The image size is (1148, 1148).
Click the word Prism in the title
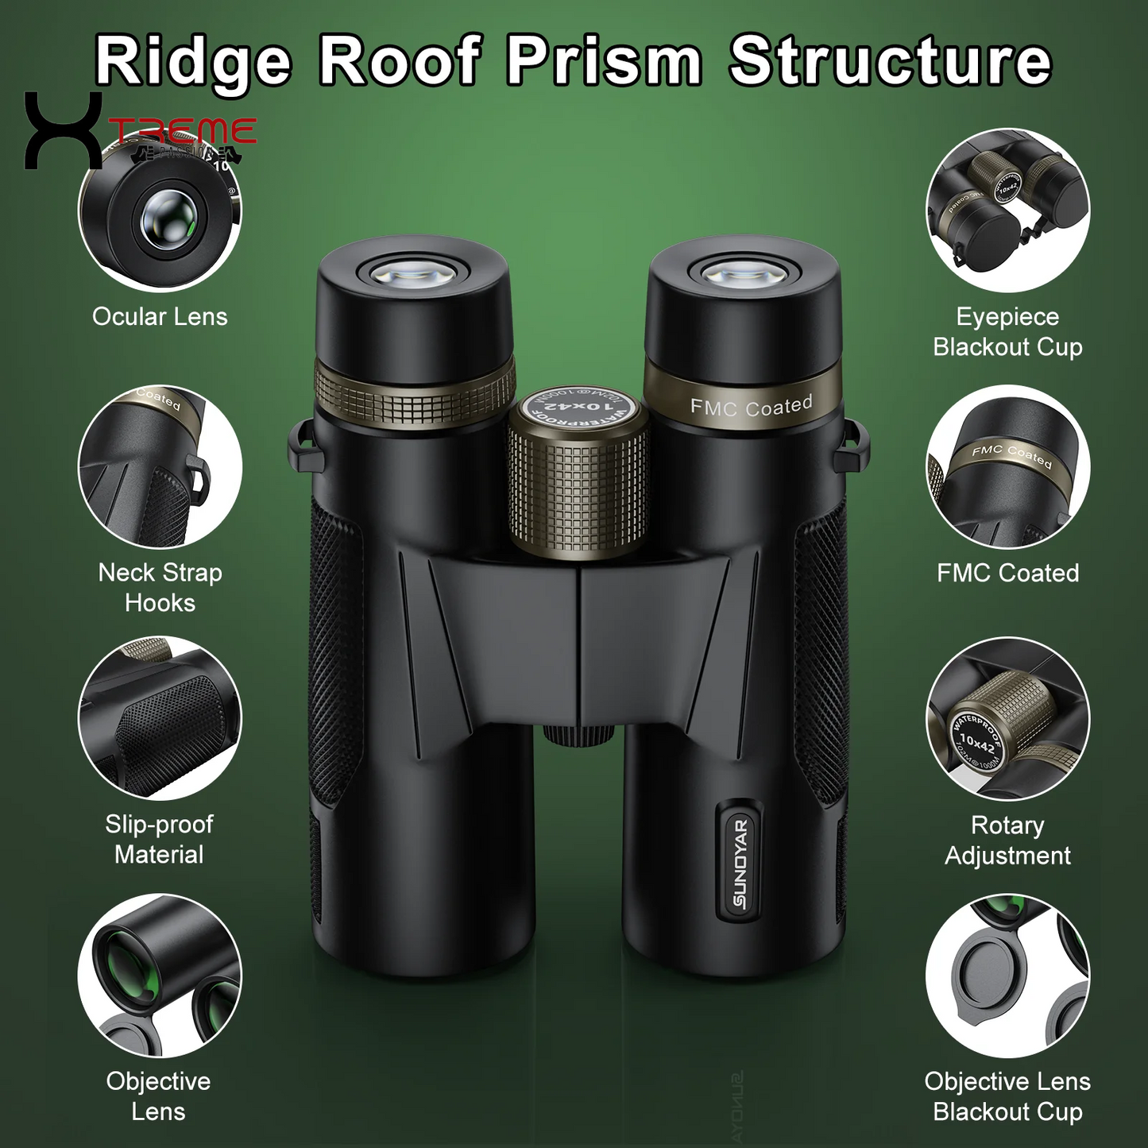point(605,62)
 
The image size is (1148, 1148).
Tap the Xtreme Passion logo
point(139,131)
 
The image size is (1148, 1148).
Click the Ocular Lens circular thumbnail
point(160,213)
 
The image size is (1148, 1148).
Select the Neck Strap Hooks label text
point(160,587)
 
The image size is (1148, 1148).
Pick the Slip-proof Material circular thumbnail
point(160,718)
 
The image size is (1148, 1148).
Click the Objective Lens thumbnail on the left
point(160,976)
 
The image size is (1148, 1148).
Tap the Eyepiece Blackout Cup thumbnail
point(1007,211)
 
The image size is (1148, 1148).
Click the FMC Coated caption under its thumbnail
point(1007,573)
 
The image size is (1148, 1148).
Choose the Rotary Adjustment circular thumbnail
point(1007,718)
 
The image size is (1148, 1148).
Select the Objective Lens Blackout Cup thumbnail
point(1007,976)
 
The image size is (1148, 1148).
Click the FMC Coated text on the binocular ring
point(751,407)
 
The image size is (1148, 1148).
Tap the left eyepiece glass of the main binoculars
point(414,273)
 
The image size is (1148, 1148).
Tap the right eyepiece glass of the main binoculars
point(742,273)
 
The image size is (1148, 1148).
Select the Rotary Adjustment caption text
point(1007,840)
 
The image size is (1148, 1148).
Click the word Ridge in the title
point(193,62)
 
